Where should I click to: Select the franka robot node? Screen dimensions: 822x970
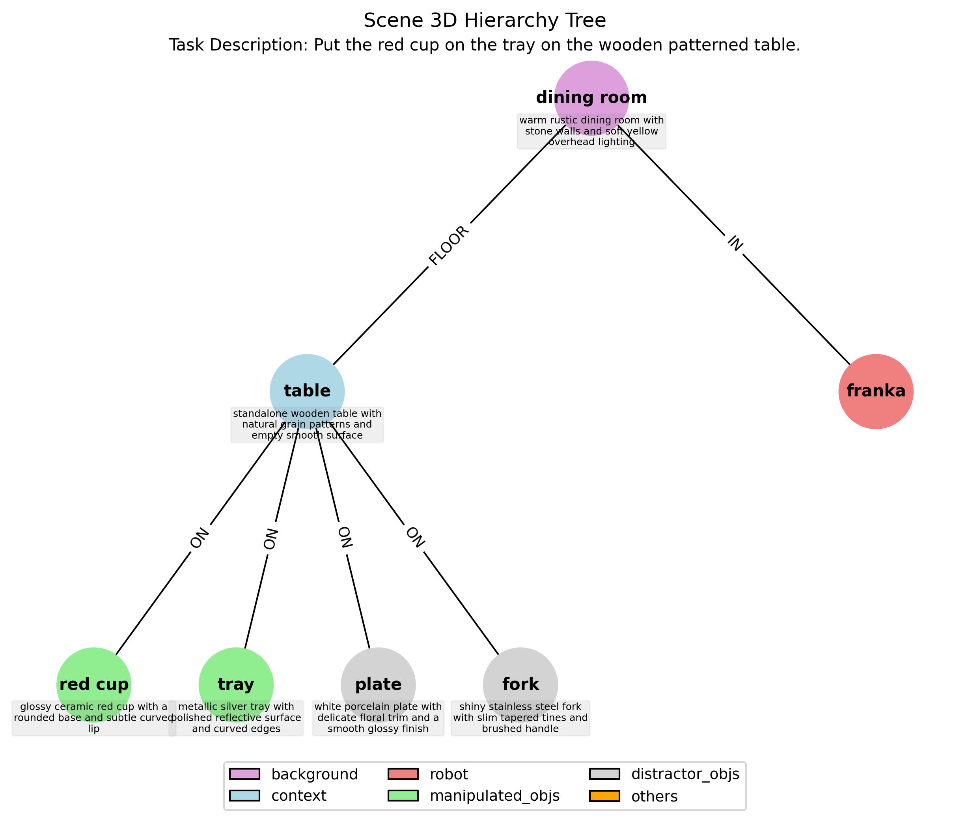point(875,391)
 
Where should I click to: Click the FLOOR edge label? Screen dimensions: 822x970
point(449,246)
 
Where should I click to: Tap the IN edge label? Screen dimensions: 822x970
point(735,243)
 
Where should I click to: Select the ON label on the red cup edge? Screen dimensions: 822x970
point(200,538)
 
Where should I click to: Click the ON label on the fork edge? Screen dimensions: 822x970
point(415,538)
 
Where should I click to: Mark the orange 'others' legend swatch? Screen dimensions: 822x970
point(604,796)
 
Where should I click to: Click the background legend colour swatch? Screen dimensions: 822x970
point(244,774)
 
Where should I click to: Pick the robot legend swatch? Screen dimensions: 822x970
point(403,774)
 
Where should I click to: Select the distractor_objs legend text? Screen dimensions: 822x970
point(685,774)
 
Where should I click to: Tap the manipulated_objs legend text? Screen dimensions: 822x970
point(494,796)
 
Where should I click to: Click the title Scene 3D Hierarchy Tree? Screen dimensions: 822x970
point(485,21)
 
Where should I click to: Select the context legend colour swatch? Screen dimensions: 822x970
point(244,796)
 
